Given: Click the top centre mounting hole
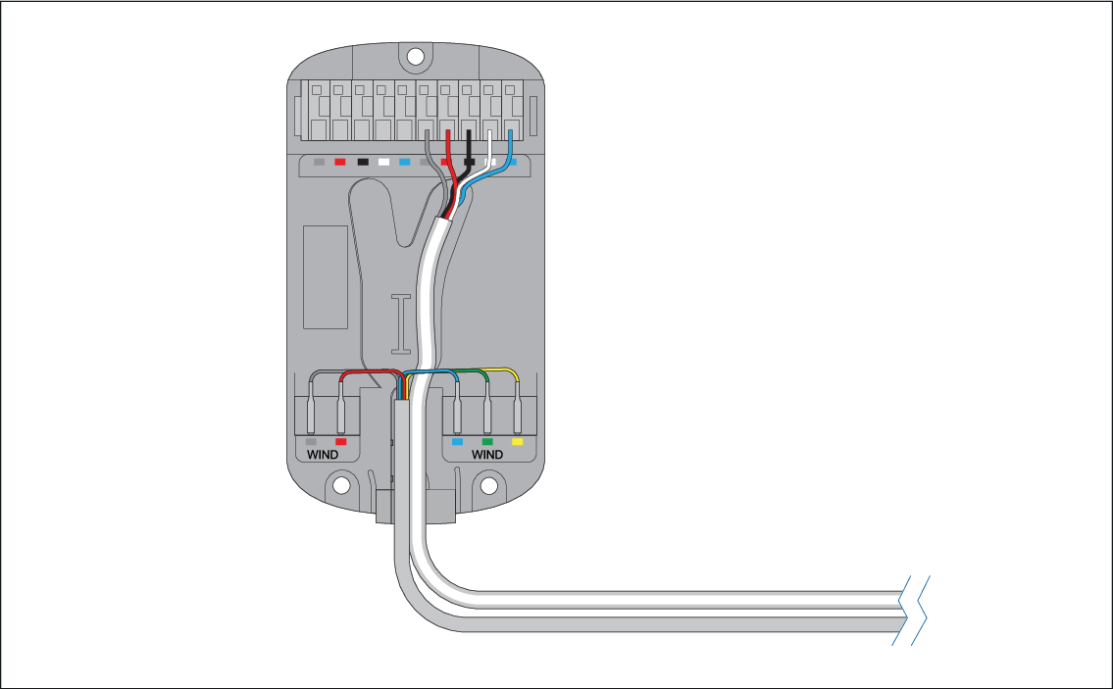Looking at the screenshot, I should coord(416,56).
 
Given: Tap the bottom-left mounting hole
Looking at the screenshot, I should coord(341,485).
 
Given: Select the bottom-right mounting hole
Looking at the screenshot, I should coord(488,485).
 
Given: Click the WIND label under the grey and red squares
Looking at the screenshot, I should coord(323,455).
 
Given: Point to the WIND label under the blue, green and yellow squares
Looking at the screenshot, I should coord(487,455).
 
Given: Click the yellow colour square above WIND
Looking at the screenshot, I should coord(518,442).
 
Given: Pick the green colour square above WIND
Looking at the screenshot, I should coord(487,442).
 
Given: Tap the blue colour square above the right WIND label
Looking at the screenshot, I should coord(457,442).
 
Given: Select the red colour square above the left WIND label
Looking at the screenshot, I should coord(340,442).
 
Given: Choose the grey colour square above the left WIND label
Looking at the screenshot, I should coord(311,442).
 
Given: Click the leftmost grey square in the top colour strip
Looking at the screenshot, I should coord(319,162).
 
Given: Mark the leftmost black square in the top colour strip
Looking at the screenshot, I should coord(363,162).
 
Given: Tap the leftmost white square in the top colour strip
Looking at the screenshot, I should coord(384,162).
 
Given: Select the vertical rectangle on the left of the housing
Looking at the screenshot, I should coord(325,276).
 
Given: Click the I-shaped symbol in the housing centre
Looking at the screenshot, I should coord(401,323).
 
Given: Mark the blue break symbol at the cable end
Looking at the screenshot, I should coord(909,610).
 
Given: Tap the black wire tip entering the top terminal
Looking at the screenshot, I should coord(469,137).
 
